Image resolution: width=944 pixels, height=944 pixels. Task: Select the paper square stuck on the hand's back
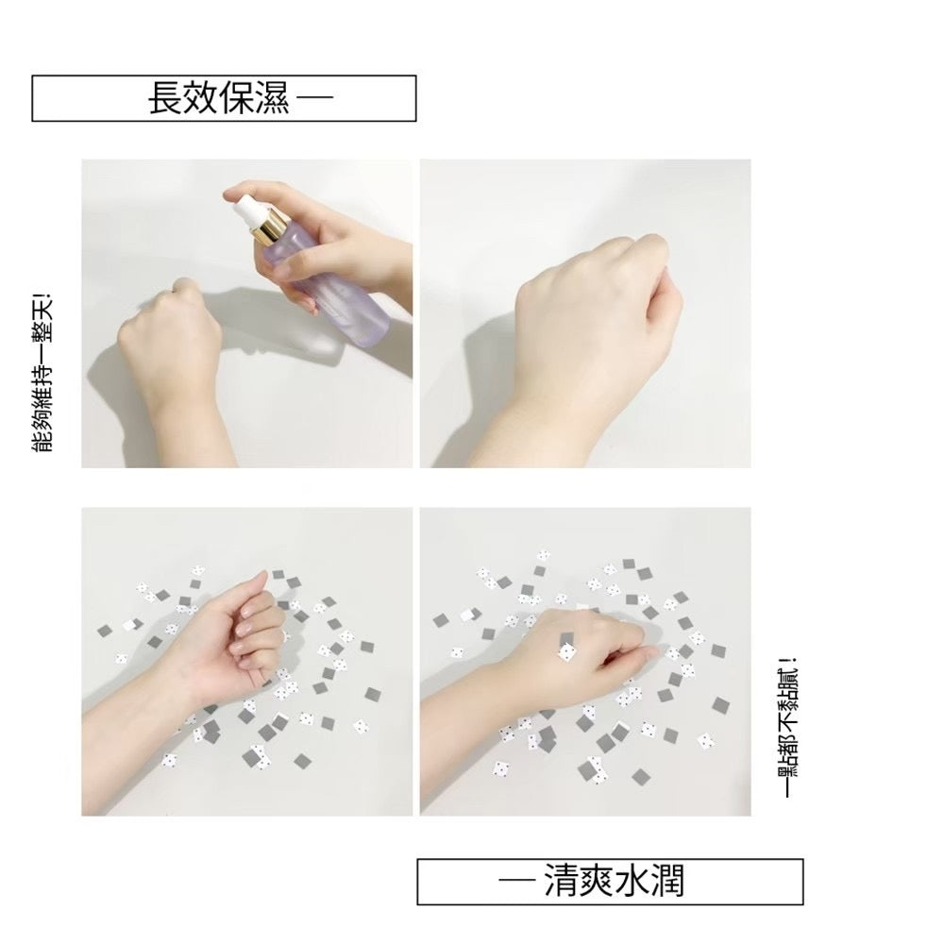click(568, 649)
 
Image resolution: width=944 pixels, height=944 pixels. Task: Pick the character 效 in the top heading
click(197, 98)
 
